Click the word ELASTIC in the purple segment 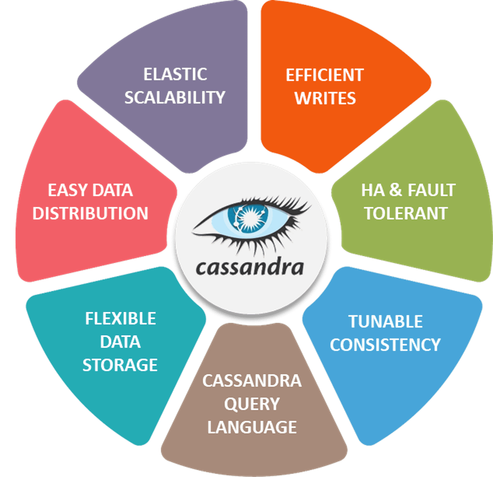point(175,74)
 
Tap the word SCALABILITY point(175,97)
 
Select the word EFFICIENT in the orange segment point(325,76)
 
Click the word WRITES point(325,98)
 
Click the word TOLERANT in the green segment point(406,213)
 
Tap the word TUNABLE point(386,322)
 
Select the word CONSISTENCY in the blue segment point(385,345)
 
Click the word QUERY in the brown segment point(252,404)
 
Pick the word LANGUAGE point(252,427)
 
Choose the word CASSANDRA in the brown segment point(252,381)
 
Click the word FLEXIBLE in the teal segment point(121,319)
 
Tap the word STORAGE point(120,365)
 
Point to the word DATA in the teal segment point(120,342)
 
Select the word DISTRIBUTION point(90,213)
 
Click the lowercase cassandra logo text point(249,268)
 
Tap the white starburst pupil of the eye point(250,217)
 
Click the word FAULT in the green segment point(431,190)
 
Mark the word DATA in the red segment point(112,190)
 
